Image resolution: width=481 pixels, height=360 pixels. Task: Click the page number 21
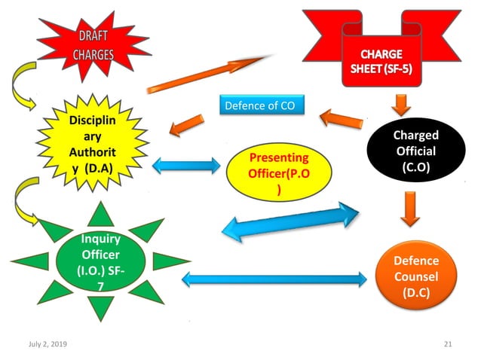coord(447,343)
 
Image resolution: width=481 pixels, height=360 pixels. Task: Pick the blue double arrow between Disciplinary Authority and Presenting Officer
coord(185,166)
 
